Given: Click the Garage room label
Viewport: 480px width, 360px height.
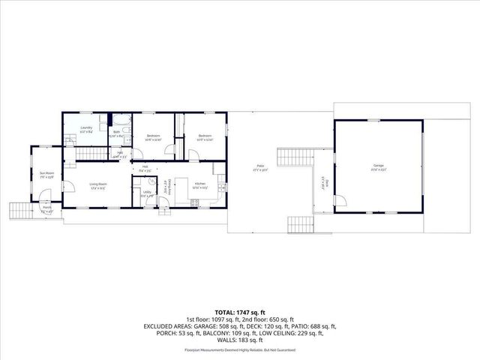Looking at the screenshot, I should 377,166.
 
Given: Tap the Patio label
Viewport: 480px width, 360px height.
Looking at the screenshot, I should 260,169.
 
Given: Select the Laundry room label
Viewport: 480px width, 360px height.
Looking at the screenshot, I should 86,129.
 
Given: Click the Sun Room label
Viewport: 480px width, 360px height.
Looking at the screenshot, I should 46,175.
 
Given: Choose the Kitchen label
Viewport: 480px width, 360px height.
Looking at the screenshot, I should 200,184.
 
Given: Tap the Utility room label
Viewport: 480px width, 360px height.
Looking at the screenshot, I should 148,193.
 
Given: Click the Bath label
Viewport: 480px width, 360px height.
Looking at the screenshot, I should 117,133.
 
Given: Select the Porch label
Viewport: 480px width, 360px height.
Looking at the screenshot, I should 46,209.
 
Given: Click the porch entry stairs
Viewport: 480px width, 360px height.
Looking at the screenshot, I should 19,211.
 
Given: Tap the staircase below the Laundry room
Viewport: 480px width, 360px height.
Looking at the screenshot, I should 89,154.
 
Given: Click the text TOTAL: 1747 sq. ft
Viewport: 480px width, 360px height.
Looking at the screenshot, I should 240,310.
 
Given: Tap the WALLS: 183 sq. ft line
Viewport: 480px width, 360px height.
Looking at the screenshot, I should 240,342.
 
